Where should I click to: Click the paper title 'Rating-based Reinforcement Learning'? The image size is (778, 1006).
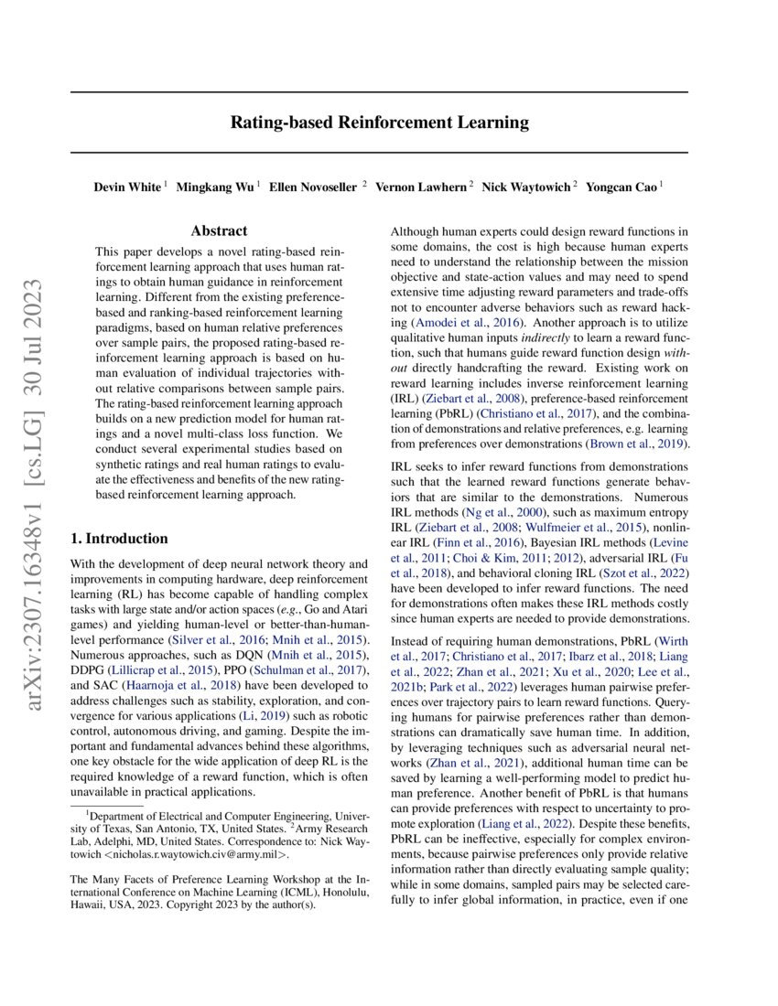(x=379, y=122)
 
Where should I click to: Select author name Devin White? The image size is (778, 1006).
(x=127, y=187)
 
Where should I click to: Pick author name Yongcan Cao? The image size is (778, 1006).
(x=624, y=187)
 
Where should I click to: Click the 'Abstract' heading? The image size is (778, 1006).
(x=219, y=232)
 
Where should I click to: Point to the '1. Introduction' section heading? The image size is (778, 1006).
(x=120, y=539)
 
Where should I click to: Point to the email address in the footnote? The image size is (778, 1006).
(x=200, y=855)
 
